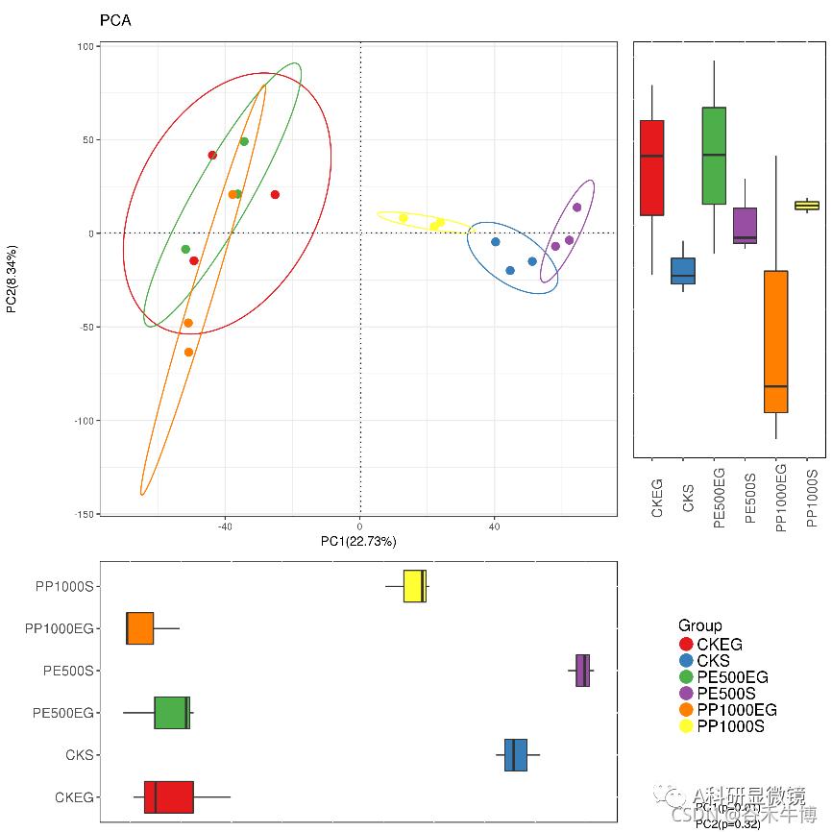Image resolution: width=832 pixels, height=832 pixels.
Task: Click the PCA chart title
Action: (x=115, y=20)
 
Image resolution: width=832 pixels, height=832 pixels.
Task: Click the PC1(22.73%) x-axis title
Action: (x=358, y=542)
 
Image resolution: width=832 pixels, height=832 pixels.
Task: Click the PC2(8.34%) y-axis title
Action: (x=12, y=280)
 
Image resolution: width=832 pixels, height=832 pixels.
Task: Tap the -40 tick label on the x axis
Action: (x=225, y=526)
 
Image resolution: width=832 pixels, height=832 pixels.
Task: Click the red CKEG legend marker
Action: (x=686, y=645)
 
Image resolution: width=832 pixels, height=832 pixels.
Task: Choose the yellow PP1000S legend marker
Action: (x=686, y=726)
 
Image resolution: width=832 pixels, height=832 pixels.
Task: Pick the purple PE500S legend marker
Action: (x=686, y=694)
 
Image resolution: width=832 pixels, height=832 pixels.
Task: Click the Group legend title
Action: (x=699, y=625)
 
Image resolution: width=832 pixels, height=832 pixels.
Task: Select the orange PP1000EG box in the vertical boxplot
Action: (x=776, y=341)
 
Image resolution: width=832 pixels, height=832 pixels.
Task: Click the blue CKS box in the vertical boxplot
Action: (x=683, y=271)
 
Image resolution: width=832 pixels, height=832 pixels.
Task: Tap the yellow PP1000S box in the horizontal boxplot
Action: (x=415, y=586)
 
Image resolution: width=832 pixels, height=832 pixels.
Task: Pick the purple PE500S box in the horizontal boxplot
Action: (x=582, y=671)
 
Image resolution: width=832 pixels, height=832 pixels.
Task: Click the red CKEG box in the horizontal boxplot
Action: (x=169, y=797)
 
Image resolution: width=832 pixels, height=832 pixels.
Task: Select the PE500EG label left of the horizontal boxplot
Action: (x=63, y=713)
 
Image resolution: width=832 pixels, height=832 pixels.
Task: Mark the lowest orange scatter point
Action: (x=188, y=353)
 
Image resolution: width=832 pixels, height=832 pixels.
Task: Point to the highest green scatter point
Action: (x=244, y=141)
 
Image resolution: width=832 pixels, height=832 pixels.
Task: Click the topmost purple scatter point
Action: (x=577, y=208)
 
